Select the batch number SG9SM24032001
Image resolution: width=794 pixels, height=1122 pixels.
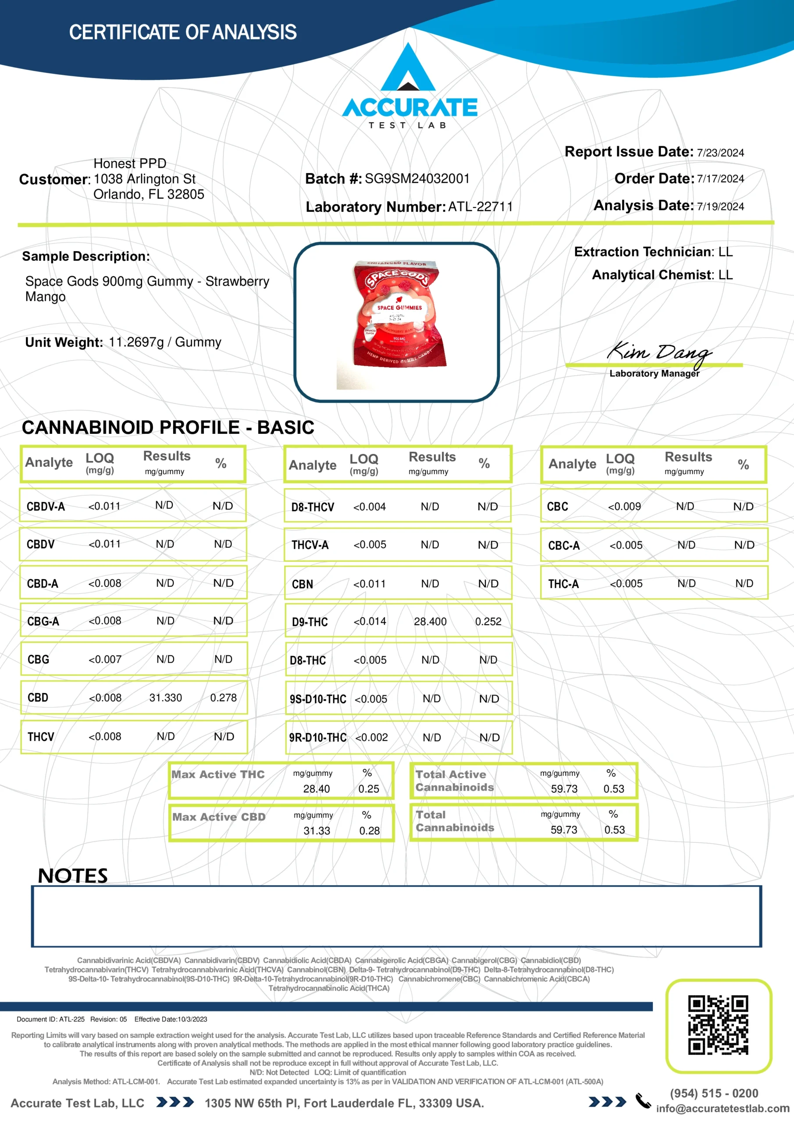(417, 179)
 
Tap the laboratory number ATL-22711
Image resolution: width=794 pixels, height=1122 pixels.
(480, 207)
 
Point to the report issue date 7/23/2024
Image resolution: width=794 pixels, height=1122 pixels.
(720, 153)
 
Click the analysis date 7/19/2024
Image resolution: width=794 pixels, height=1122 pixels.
(720, 206)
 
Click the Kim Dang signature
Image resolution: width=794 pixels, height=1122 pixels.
(658, 353)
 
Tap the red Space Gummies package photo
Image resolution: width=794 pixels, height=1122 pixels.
(398, 315)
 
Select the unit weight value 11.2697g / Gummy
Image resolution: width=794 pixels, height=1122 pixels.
(165, 342)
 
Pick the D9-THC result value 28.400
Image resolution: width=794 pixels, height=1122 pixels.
(430, 621)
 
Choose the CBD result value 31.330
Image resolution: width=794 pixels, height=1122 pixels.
(165, 697)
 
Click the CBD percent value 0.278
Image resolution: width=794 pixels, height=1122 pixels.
(223, 697)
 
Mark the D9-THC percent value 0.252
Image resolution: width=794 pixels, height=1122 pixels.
(488, 621)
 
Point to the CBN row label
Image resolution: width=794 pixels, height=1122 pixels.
(302, 584)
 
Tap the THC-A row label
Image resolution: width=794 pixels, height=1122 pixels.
(563, 584)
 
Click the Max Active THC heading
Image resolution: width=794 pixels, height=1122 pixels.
(218, 774)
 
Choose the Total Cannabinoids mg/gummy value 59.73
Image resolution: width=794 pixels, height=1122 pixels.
(564, 830)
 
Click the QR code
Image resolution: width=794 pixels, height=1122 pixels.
(718, 1025)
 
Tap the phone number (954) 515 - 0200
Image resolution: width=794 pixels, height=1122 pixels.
(713, 1093)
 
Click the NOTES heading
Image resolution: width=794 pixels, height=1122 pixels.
(73, 876)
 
